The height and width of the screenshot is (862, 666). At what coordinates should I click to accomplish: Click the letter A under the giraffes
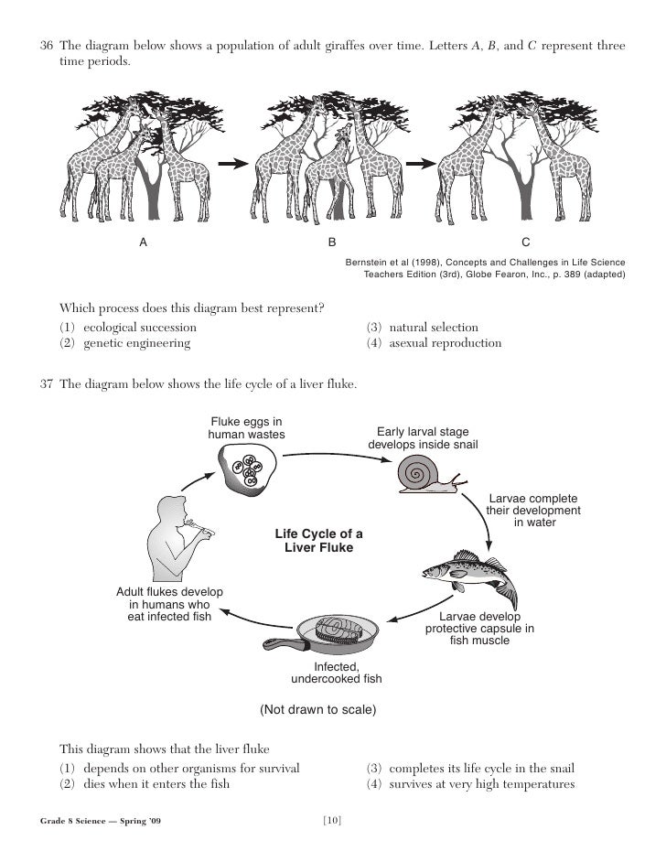pyautogui.click(x=143, y=243)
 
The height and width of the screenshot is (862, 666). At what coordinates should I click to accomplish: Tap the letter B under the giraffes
pyautogui.click(x=333, y=243)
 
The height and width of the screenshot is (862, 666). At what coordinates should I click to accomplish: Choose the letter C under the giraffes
pyautogui.click(x=525, y=243)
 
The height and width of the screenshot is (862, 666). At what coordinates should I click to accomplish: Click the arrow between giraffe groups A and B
pyautogui.click(x=232, y=164)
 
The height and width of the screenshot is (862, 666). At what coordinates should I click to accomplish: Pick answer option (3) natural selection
pyautogui.click(x=422, y=327)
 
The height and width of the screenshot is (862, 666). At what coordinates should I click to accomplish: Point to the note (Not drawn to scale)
pyautogui.click(x=318, y=709)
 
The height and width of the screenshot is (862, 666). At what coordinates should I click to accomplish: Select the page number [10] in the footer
pyautogui.click(x=333, y=819)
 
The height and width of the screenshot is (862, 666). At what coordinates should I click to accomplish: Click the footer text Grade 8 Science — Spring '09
pyautogui.click(x=101, y=820)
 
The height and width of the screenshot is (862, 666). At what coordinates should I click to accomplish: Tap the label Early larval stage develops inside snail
pyautogui.click(x=423, y=438)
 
